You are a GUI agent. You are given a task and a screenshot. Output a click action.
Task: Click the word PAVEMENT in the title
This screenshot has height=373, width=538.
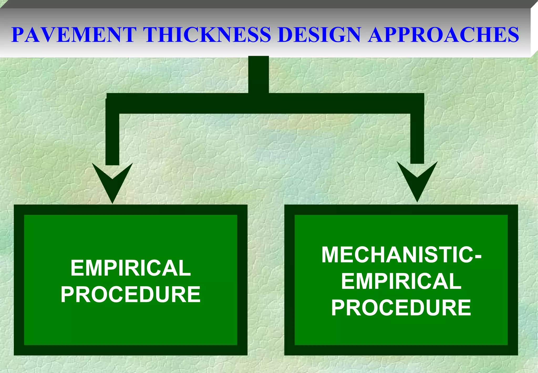click(74, 34)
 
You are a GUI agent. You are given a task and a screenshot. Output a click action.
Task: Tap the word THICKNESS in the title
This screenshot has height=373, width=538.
click(207, 34)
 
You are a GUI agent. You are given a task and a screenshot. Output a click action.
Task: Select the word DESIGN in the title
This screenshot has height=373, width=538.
click(319, 34)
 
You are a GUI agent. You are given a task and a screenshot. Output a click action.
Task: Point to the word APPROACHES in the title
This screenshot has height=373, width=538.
click(443, 34)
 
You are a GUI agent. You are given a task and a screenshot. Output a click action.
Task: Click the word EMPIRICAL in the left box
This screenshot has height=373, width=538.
click(131, 268)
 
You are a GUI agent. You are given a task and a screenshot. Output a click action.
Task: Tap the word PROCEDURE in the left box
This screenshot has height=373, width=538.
click(131, 294)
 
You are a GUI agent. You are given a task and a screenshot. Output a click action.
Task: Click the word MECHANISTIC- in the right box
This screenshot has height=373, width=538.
click(401, 255)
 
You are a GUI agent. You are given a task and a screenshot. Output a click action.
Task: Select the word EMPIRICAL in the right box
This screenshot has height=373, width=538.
click(401, 281)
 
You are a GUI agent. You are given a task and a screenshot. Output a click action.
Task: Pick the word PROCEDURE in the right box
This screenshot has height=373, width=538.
click(401, 308)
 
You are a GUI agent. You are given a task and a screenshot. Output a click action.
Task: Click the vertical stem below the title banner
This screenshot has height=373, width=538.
click(258, 75)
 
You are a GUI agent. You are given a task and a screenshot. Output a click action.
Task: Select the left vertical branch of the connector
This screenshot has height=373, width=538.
click(112, 139)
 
